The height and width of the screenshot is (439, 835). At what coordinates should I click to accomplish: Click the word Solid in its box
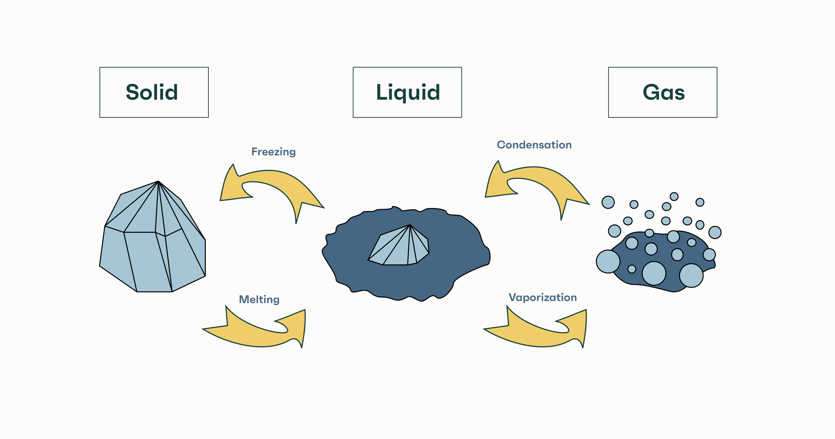(x=152, y=92)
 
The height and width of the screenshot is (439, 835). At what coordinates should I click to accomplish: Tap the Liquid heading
(x=408, y=92)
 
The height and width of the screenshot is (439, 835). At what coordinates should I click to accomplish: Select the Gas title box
(x=662, y=92)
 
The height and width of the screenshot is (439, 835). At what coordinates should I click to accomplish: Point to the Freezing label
(x=273, y=152)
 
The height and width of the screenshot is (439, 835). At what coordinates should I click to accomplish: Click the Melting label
(x=259, y=300)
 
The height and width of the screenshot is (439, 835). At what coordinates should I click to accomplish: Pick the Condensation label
(x=534, y=145)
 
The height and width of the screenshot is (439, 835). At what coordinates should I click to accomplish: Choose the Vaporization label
(x=543, y=298)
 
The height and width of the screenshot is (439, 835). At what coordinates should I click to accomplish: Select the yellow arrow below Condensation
(x=543, y=181)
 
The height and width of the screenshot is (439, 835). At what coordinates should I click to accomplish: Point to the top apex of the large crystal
(x=158, y=182)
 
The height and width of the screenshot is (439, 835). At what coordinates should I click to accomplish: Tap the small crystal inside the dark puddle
(x=400, y=247)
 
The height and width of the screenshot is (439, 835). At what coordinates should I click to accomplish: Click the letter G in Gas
(x=650, y=92)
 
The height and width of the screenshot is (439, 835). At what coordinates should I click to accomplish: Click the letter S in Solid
(x=132, y=92)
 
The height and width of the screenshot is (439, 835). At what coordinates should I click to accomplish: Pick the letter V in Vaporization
(x=512, y=298)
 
